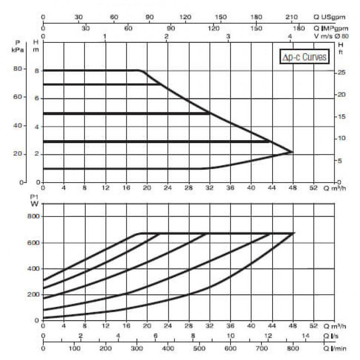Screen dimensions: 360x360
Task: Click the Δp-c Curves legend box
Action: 304,57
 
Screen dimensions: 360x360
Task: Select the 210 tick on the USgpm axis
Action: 292,17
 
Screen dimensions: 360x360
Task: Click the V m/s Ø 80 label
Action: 331,36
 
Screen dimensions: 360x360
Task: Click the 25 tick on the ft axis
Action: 342,72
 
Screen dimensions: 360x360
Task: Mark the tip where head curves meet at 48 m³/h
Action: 293,152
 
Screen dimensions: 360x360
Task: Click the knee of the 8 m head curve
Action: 141,71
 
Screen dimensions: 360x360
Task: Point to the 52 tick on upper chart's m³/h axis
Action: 314,188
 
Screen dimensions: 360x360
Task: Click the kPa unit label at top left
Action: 18,50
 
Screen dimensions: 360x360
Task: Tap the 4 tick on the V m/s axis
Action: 291,37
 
